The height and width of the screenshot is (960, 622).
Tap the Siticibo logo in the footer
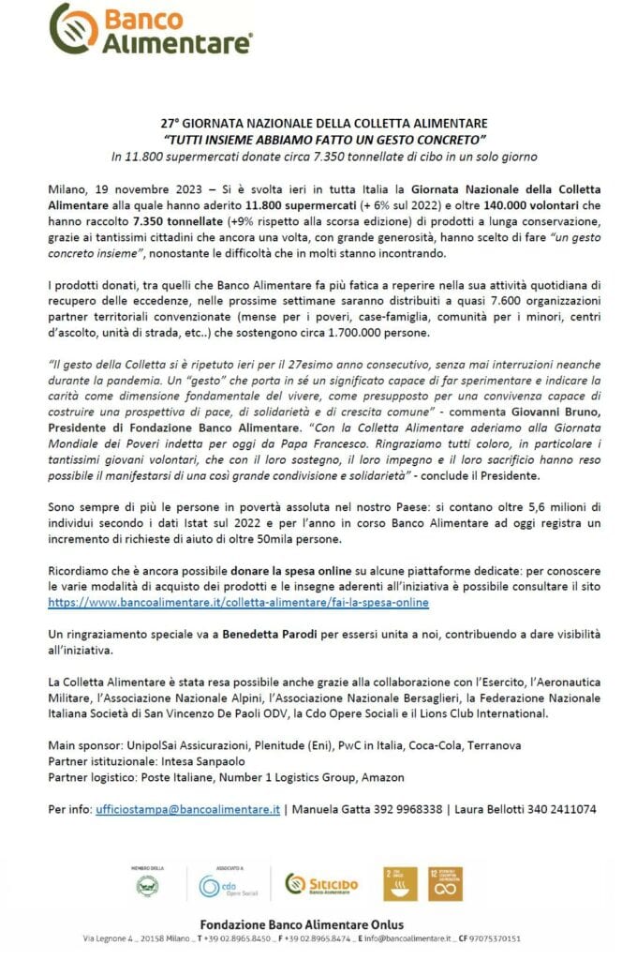[x=321, y=884]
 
